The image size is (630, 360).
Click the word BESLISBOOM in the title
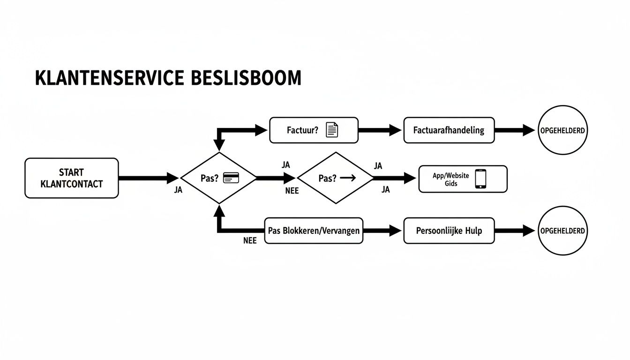tap(246, 78)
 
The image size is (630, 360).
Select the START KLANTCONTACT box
tap(71, 178)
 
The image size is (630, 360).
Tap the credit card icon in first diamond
tap(232, 178)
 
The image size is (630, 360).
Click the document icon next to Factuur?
tap(332, 130)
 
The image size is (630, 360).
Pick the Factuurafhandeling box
tap(449, 130)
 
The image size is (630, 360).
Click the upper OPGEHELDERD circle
tap(562, 130)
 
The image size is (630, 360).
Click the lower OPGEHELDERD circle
tap(562, 231)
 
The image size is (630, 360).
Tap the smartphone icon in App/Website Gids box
tap(480, 179)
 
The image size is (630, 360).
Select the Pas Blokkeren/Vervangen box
tap(314, 231)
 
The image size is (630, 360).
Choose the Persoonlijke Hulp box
tap(449, 231)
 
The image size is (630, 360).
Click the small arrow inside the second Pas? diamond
tap(348, 178)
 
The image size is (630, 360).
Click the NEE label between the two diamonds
tap(292, 191)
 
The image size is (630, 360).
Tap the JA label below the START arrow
tap(178, 191)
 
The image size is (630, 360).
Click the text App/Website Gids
tap(450, 179)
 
